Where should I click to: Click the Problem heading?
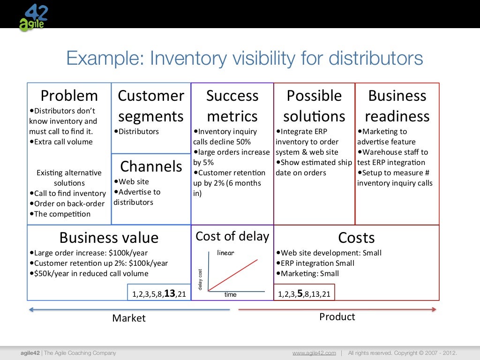69,96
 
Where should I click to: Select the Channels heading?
151,166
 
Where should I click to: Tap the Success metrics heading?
232,106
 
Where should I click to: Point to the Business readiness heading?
397,106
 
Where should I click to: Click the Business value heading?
109,238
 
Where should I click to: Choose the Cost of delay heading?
232,236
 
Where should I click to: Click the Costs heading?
356,238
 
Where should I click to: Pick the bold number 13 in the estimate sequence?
169,294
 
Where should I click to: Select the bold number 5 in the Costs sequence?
300,294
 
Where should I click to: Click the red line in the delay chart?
233,274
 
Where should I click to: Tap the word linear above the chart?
225,253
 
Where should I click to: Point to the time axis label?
230,295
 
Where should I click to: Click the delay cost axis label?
201,279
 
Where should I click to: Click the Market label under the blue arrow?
129,318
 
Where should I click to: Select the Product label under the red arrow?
337,317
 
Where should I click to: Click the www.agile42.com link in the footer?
314,353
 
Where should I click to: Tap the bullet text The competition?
62,214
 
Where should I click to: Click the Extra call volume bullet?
63,142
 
